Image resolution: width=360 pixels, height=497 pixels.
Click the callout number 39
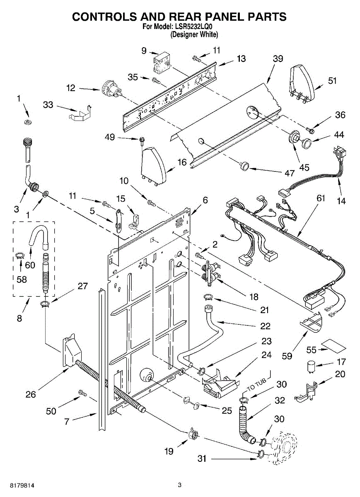coord(278,59)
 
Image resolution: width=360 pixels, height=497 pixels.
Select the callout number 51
coord(332,81)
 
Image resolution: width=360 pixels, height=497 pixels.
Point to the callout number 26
coord(31,394)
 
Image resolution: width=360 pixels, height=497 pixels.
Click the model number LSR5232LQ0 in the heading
coord(196,28)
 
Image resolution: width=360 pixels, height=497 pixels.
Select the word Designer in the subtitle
coord(185,35)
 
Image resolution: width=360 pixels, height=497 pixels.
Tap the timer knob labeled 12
coord(111,89)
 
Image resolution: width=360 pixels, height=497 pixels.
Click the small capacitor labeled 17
coord(311,366)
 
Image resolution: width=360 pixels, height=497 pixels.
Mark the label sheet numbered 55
coord(331,344)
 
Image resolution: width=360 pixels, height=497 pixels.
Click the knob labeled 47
coord(244,166)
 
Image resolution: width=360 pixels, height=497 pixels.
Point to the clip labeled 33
coord(80,114)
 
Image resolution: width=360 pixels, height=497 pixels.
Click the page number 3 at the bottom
coord(180,485)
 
